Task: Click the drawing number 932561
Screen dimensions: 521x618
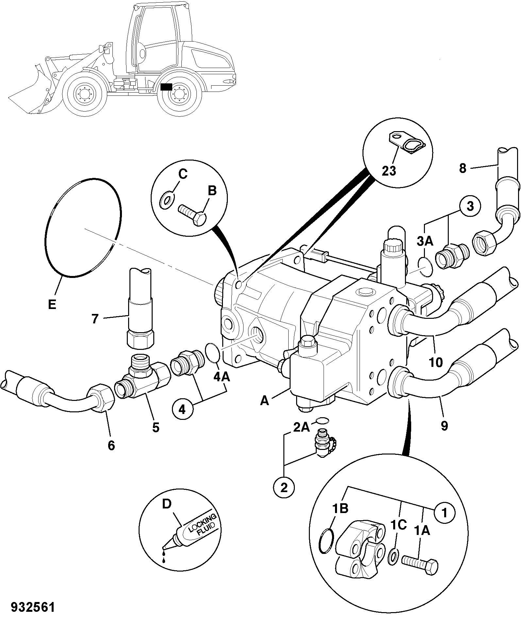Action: point(33,607)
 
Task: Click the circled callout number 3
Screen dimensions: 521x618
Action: point(470,207)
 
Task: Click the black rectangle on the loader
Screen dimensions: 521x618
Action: point(166,87)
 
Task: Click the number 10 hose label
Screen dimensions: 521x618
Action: point(436,362)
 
